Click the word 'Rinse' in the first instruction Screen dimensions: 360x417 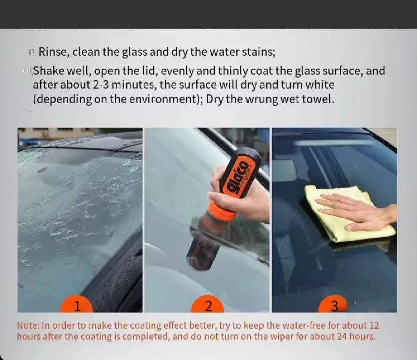point(53,52)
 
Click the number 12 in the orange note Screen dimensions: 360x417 point(373,325)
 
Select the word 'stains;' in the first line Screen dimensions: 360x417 point(257,52)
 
